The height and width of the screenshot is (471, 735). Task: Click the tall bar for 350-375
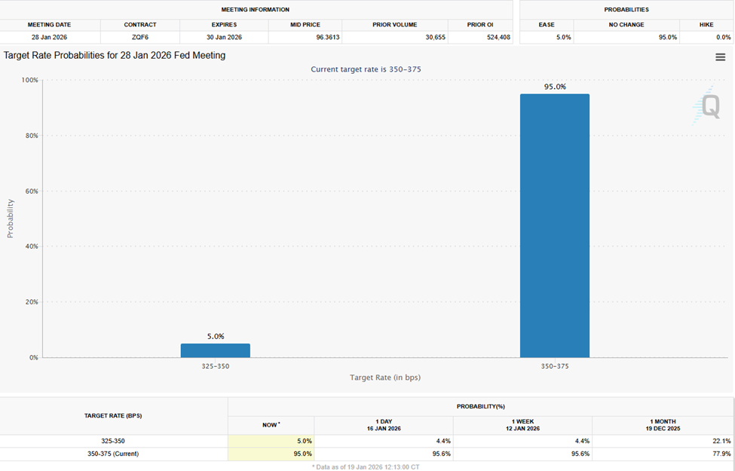(x=554, y=225)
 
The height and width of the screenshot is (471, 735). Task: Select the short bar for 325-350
(x=215, y=350)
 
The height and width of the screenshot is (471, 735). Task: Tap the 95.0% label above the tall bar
(x=555, y=87)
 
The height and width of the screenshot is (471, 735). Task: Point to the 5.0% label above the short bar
(x=215, y=336)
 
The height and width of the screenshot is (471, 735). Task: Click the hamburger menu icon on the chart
(x=720, y=57)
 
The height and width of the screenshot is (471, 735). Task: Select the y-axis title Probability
(x=11, y=219)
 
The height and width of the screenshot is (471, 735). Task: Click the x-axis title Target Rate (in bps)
(x=384, y=378)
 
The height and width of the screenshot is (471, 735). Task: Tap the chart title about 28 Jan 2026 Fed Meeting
(x=115, y=56)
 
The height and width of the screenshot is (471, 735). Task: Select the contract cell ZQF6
(x=139, y=37)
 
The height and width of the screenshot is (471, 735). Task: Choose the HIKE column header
(x=706, y=25)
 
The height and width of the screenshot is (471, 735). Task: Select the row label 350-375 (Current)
(x=112, y=454)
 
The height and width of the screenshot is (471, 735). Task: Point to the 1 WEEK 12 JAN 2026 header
(x=522, y=425)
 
